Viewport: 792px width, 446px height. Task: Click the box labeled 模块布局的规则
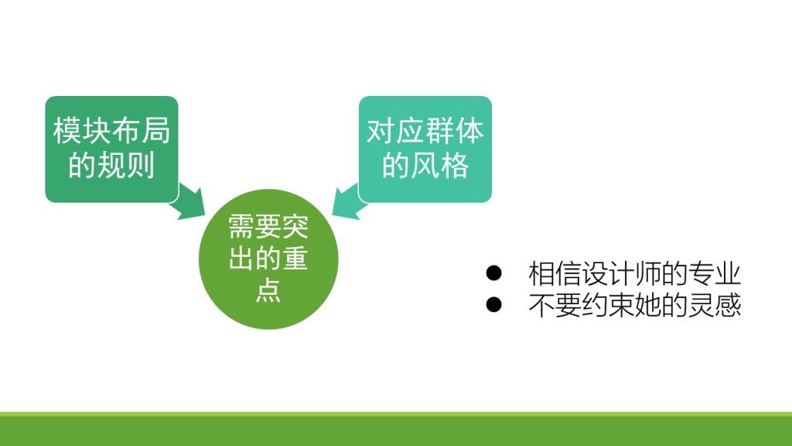111,149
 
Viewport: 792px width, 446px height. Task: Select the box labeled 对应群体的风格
425,149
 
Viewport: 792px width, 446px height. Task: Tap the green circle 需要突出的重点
268,259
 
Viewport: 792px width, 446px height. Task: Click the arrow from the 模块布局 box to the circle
189,202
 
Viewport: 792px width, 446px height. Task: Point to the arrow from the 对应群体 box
349,202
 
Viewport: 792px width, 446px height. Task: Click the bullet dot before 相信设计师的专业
493,273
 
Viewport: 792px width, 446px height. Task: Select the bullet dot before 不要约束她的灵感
493,304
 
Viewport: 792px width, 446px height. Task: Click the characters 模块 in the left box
82,130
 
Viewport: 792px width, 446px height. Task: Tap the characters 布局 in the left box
141,130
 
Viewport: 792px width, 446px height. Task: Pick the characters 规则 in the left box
126,165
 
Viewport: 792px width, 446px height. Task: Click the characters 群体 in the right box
455,130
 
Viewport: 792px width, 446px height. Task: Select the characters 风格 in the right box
440,165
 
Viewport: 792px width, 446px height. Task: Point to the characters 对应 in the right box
395,130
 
